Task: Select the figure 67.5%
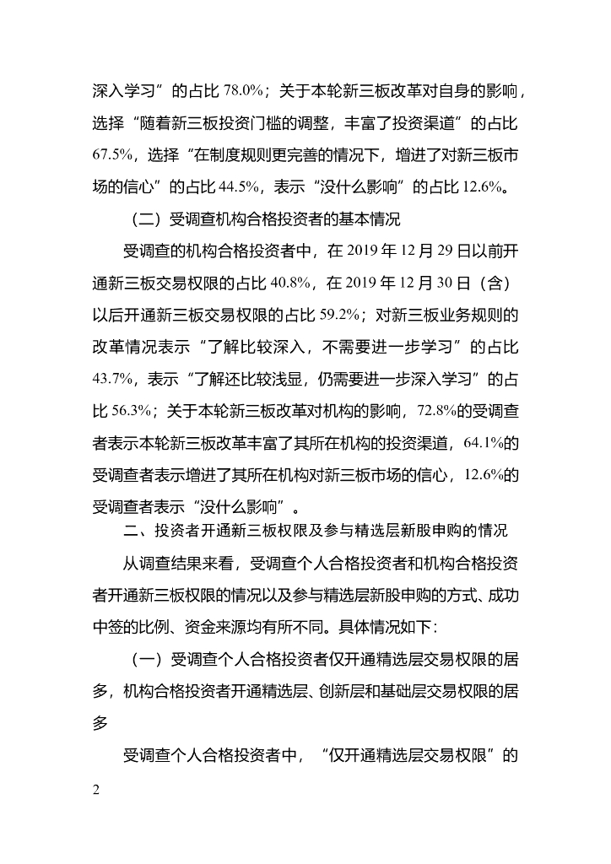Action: [110, 154]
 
